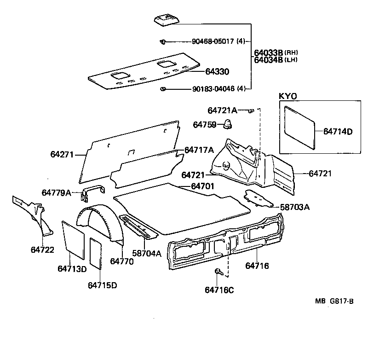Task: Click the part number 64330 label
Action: point(217,72)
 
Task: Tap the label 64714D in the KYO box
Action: point(337,131)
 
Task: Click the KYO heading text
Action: point(288,96)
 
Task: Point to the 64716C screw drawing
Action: point(218,273)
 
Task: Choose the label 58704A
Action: point(147,253)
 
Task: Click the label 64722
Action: point(42,250)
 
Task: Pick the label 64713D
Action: point(72,268)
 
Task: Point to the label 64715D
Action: point(102,285)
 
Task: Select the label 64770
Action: point(122,261)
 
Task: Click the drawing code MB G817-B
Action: point(334,302)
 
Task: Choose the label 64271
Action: point(62,155)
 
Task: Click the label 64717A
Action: point(199,150)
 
